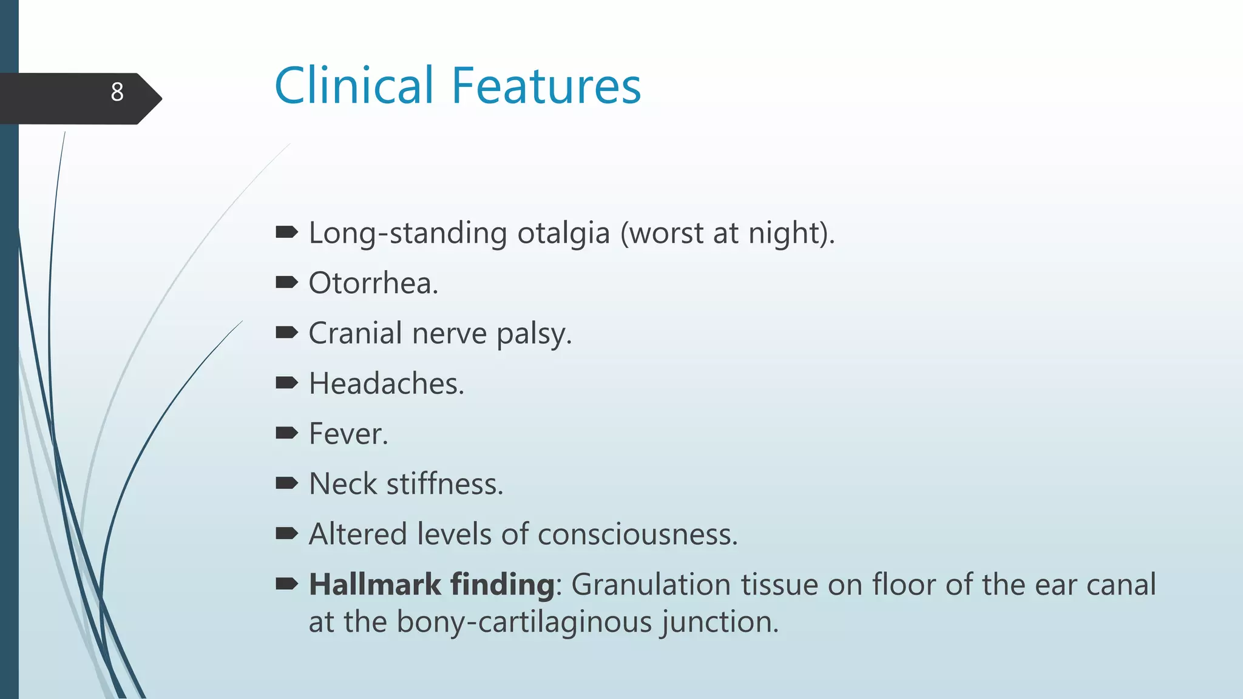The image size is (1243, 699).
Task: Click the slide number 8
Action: coord(117,92)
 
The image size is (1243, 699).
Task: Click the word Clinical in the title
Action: coord(354,86)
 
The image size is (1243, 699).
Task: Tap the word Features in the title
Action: coord(546,86)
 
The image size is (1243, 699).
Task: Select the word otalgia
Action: coord(563,233)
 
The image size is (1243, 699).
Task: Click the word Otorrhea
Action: coord(373,283)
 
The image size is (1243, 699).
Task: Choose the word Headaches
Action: coord(386,383)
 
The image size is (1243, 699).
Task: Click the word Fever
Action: coord(348,434)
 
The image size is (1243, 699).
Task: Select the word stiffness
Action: coord(444,484)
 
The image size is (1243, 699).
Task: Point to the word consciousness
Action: coord(637,535)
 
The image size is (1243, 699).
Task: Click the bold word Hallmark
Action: coord(374,584)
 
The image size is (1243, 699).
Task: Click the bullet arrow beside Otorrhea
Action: coord(286,282)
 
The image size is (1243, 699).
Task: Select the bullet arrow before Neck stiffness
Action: coord(286,483)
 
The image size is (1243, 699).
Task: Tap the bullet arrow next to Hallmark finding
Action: coord(286,584)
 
